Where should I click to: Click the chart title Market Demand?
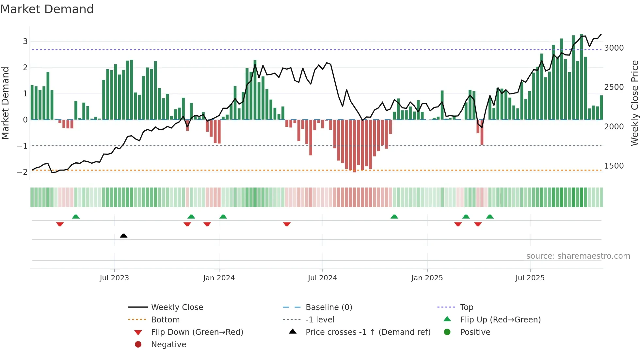click(47, 9)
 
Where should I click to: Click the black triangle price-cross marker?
click(123, 236)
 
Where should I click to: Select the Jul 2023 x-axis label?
click(114, 278)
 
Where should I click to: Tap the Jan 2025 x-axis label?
click(427, 278)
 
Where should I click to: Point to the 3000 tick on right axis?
click(614, 48)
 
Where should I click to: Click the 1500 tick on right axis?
click(614, 166)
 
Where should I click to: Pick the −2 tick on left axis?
click(22, 172)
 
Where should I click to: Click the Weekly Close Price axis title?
click(634, 103)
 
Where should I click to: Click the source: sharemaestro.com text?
click(578, 256)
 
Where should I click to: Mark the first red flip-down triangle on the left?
click(60, 224)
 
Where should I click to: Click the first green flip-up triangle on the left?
click(76, 217)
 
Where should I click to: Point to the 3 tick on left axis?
click(25, 41)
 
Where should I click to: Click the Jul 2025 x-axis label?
click(530, 278)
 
